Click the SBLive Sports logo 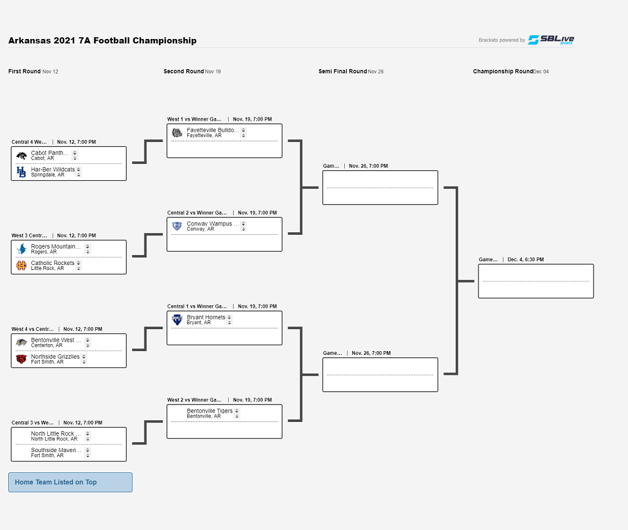tap(551, 40)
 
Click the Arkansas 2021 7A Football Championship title tap(102, 41)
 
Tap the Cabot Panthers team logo tap(21, 156)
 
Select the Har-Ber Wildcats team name tap(53, 170)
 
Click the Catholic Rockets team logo tap(21, 266)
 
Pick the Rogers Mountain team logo tap(21, 249)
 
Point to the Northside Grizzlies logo tap(21, 359)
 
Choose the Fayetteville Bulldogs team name tap(212, 130)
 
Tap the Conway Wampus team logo tap(177, 226)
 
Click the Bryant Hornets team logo tap(177, 320)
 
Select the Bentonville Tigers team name tap(210, 411)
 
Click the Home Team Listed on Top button tap(70, 482)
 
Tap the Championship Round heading tap(502, 72)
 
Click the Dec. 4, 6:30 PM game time tap(526, 259)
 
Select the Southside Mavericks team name tap(56, 450)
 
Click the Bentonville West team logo tap(21, 343)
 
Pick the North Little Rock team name tap(56, 434)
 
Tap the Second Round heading tap(183, 72)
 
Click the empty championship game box tap(536, 281)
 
